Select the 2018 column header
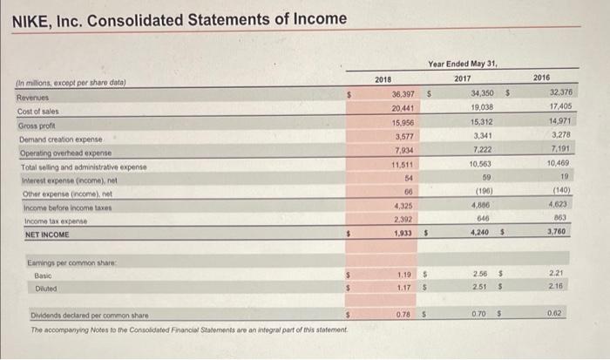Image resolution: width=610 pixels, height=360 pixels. (x=383, y=79)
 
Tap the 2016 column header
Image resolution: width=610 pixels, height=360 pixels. (x=542, y=77)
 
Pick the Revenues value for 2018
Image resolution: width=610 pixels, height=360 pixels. (x=403, y=94)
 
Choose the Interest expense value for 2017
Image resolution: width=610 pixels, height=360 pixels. (x=487, y=177)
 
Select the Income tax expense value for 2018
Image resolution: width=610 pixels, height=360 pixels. (x=402, y=220)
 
